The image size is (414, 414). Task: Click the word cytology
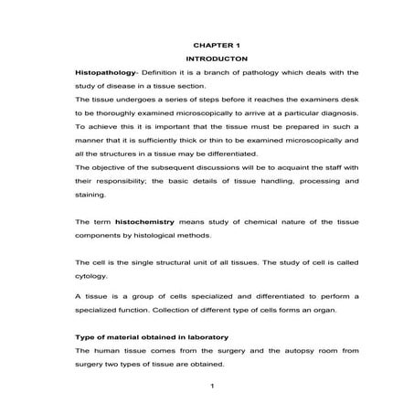click(91, 275)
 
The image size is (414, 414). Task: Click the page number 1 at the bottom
click(211, 385)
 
